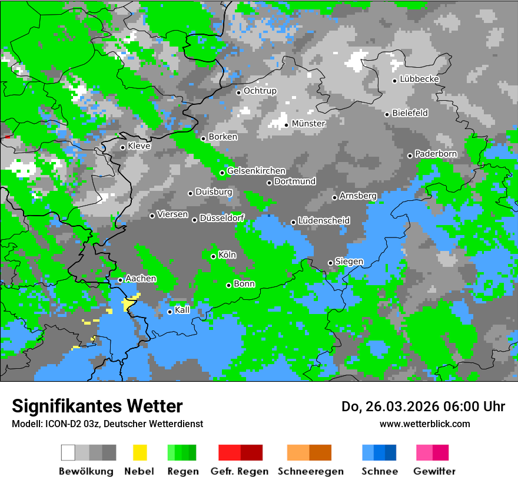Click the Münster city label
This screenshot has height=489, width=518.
308,124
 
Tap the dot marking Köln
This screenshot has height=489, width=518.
214,256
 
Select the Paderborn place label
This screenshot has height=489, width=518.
436,154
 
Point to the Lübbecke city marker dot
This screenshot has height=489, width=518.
395,81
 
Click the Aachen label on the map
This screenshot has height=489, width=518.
141,279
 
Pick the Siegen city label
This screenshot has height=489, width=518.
349,262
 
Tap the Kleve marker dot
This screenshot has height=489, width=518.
122,147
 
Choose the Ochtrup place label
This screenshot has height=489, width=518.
260,91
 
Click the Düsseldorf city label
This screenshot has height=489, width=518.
222,219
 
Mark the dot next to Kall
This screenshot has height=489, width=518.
170,312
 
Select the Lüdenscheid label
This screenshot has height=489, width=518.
324,221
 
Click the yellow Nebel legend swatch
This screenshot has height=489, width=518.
140,452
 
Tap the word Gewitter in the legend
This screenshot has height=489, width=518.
434,471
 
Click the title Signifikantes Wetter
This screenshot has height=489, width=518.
97,406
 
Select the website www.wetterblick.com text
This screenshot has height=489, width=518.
425,424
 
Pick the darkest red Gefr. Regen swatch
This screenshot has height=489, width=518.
251,452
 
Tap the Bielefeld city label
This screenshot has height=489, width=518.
410,113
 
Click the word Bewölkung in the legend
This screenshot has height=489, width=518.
86,471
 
